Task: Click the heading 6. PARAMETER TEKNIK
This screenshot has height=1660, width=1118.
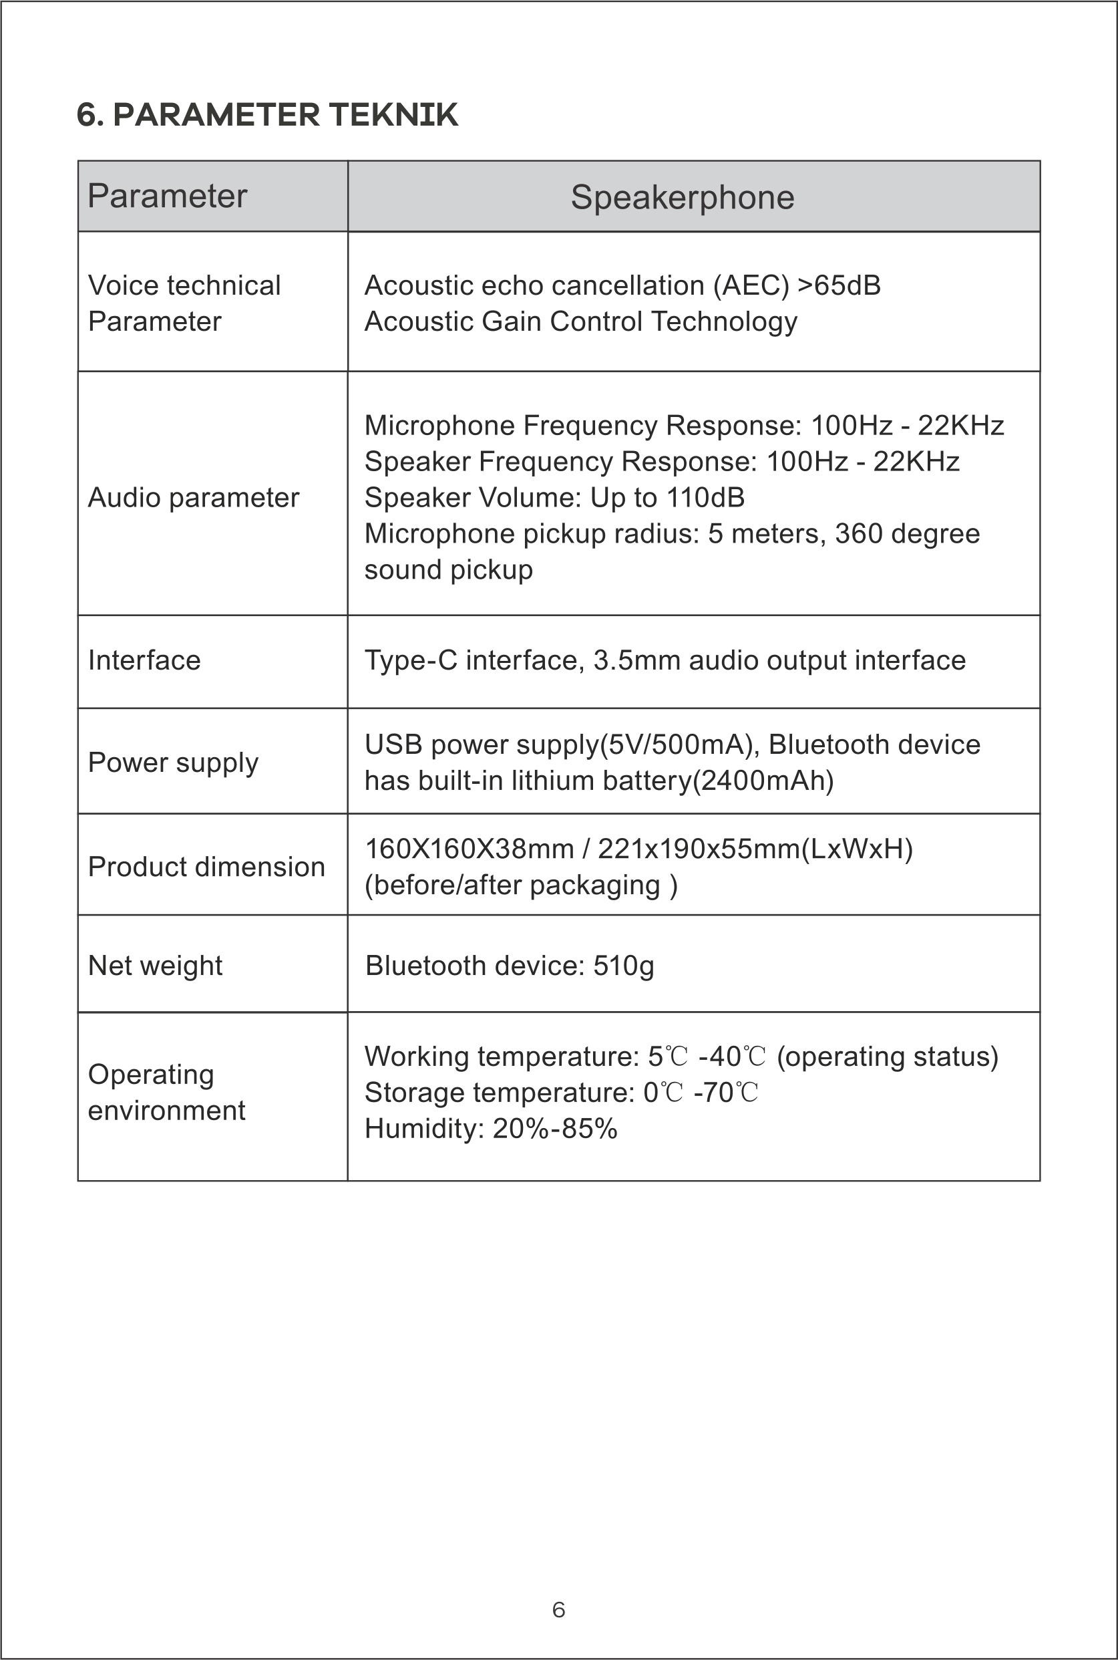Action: [266, 115]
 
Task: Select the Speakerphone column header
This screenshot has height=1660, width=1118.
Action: [683, 197]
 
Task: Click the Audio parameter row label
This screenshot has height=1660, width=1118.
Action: [193, 498]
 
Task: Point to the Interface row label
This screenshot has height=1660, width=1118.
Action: [144, 660]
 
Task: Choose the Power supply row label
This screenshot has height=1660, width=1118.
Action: [172, 763]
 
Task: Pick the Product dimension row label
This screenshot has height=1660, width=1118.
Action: [206, 867]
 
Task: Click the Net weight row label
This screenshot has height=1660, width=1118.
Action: [155, 966]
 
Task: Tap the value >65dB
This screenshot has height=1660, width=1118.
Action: [840, 285]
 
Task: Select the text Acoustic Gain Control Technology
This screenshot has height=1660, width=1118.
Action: [580, 321]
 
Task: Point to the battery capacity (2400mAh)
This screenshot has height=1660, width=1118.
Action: [767, 781]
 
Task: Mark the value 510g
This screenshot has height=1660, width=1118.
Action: [623, 966]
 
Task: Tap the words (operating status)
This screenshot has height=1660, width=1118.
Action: [887, 1057]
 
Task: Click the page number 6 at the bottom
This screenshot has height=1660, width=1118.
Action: [558, 1610]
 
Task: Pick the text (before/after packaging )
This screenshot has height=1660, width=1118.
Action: [520, 885]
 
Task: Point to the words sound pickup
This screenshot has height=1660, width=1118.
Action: [449, 570]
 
